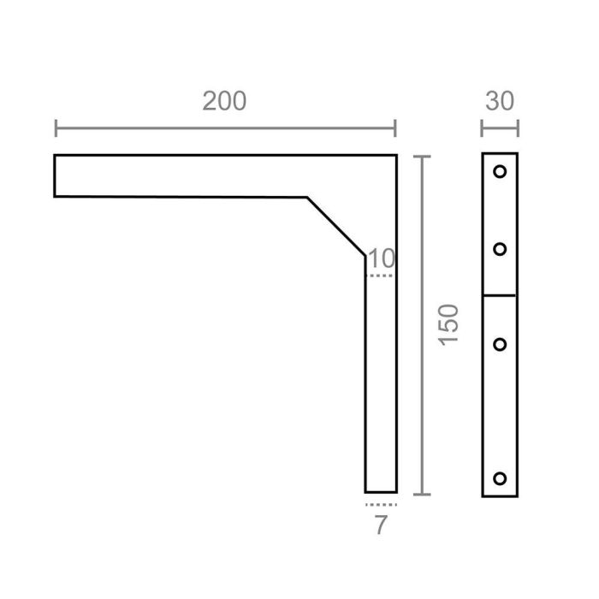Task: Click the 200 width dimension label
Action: point(224,101)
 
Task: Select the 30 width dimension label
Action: point(500,101)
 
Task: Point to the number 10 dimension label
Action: point(382,258)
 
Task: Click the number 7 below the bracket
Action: point(381,525)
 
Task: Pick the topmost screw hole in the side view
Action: point(500,171)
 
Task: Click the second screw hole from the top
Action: point(500,249)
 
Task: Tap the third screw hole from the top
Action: point(500,344)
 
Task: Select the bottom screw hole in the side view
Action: point(500,477)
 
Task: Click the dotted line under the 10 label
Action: point(380,276)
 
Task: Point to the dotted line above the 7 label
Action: point(380,505)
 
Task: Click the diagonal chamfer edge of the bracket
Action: point(336,225)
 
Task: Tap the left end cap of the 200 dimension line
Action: point(56,129)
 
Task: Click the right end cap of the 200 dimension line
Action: point(395,129)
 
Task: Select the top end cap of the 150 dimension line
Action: point(420,157)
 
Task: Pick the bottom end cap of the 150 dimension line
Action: point(420,494)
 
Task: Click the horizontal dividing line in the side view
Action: point(500,295)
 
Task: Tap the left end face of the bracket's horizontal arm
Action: point(55,175)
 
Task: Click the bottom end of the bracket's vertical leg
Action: point(381,492)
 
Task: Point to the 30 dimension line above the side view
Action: point(500,129)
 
